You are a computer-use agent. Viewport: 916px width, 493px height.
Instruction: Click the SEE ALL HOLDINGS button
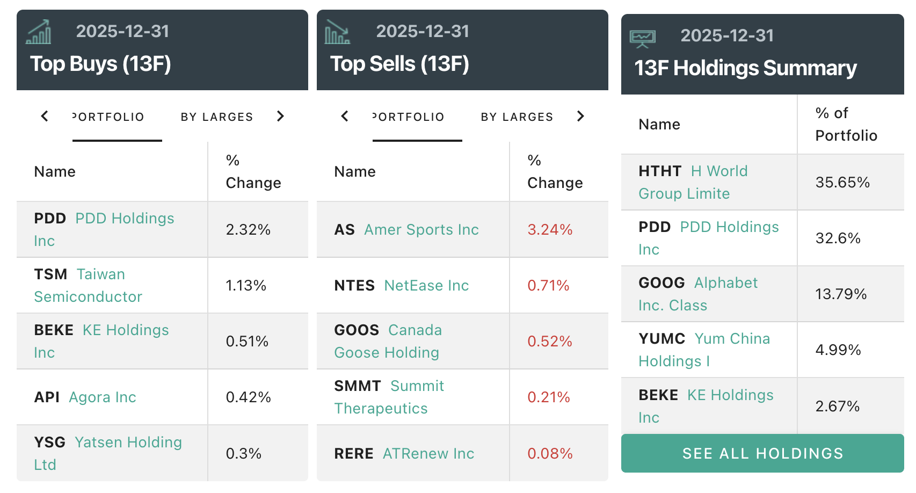tap(762, 453)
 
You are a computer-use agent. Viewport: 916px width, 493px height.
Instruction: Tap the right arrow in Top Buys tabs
tap(280, 117)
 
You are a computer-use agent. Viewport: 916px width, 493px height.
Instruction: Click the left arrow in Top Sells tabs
tap(345, 117)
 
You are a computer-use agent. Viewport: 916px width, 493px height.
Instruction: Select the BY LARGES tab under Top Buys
tap(217, 117)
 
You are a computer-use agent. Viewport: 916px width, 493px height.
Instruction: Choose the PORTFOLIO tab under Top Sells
tap(409, 117)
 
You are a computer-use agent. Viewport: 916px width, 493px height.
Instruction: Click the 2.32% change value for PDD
tap(248, 230)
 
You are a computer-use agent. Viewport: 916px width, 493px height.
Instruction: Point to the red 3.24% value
tap(550, 230)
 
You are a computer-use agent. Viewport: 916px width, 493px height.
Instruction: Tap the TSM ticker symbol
tap(50, 274)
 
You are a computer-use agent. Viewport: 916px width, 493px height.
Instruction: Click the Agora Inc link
tap(103, 397)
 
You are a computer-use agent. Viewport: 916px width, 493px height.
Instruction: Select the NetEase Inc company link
tap(426, 286)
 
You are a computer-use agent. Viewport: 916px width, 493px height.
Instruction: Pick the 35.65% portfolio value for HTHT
tap(842, 183)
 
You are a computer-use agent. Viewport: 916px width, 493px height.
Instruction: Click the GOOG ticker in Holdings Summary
tap(661, 283)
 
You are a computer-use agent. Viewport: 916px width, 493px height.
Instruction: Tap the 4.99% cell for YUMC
tap(838, 350)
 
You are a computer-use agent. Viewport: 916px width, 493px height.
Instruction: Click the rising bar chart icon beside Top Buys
tap(39, 32)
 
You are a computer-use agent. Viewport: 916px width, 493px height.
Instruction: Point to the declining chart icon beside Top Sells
tap(337, 32)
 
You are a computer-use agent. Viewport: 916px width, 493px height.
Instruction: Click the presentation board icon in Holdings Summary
tap(642, 38)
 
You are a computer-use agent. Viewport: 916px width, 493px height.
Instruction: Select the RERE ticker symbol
tap(353, 454)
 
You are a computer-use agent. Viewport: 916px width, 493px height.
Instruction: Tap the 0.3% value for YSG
tap(244, 454)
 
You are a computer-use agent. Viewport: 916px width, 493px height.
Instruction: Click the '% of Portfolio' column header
tap(846, 124)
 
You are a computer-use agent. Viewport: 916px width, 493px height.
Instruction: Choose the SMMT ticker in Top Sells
tap(357, 386)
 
